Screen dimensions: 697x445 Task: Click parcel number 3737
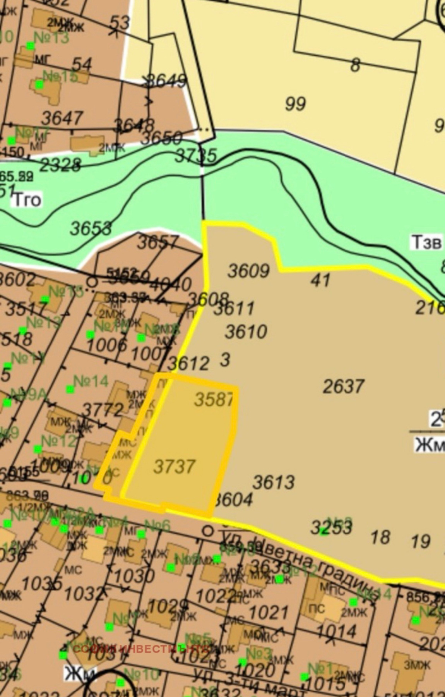[174, 467]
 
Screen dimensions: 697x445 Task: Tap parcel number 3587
[214, 399]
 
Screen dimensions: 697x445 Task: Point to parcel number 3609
[248, 271]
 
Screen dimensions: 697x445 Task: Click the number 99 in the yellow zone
[295, 104]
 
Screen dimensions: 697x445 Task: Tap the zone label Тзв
[426, 243]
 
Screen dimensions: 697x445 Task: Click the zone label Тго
[27, 200]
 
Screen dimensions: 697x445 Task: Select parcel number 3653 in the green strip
[91, 228]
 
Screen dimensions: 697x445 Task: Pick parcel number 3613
[274, 482]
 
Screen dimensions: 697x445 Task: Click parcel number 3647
[62, 118]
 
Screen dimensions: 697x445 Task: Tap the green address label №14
[91, 382]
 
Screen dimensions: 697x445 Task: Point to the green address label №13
[51, 38]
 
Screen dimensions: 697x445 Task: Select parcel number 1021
[269, 613]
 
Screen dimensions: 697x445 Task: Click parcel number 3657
[158, 243]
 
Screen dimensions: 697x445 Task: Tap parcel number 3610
[246, 332]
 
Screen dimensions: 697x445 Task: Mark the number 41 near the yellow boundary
[320, 280]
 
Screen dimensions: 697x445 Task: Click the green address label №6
[157, 525]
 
